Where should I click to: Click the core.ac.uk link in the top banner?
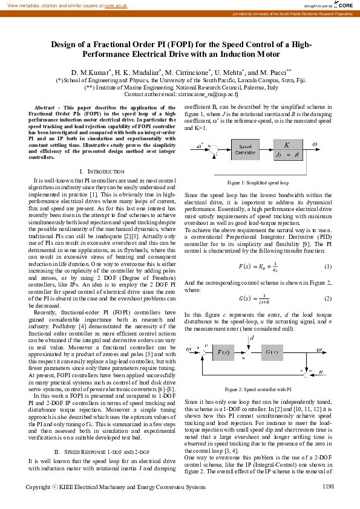[116, 5]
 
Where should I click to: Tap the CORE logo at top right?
[342, 5]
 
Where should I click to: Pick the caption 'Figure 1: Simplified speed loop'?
[257, 182]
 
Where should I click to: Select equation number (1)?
[327, 267]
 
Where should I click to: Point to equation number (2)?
[327, 299]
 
